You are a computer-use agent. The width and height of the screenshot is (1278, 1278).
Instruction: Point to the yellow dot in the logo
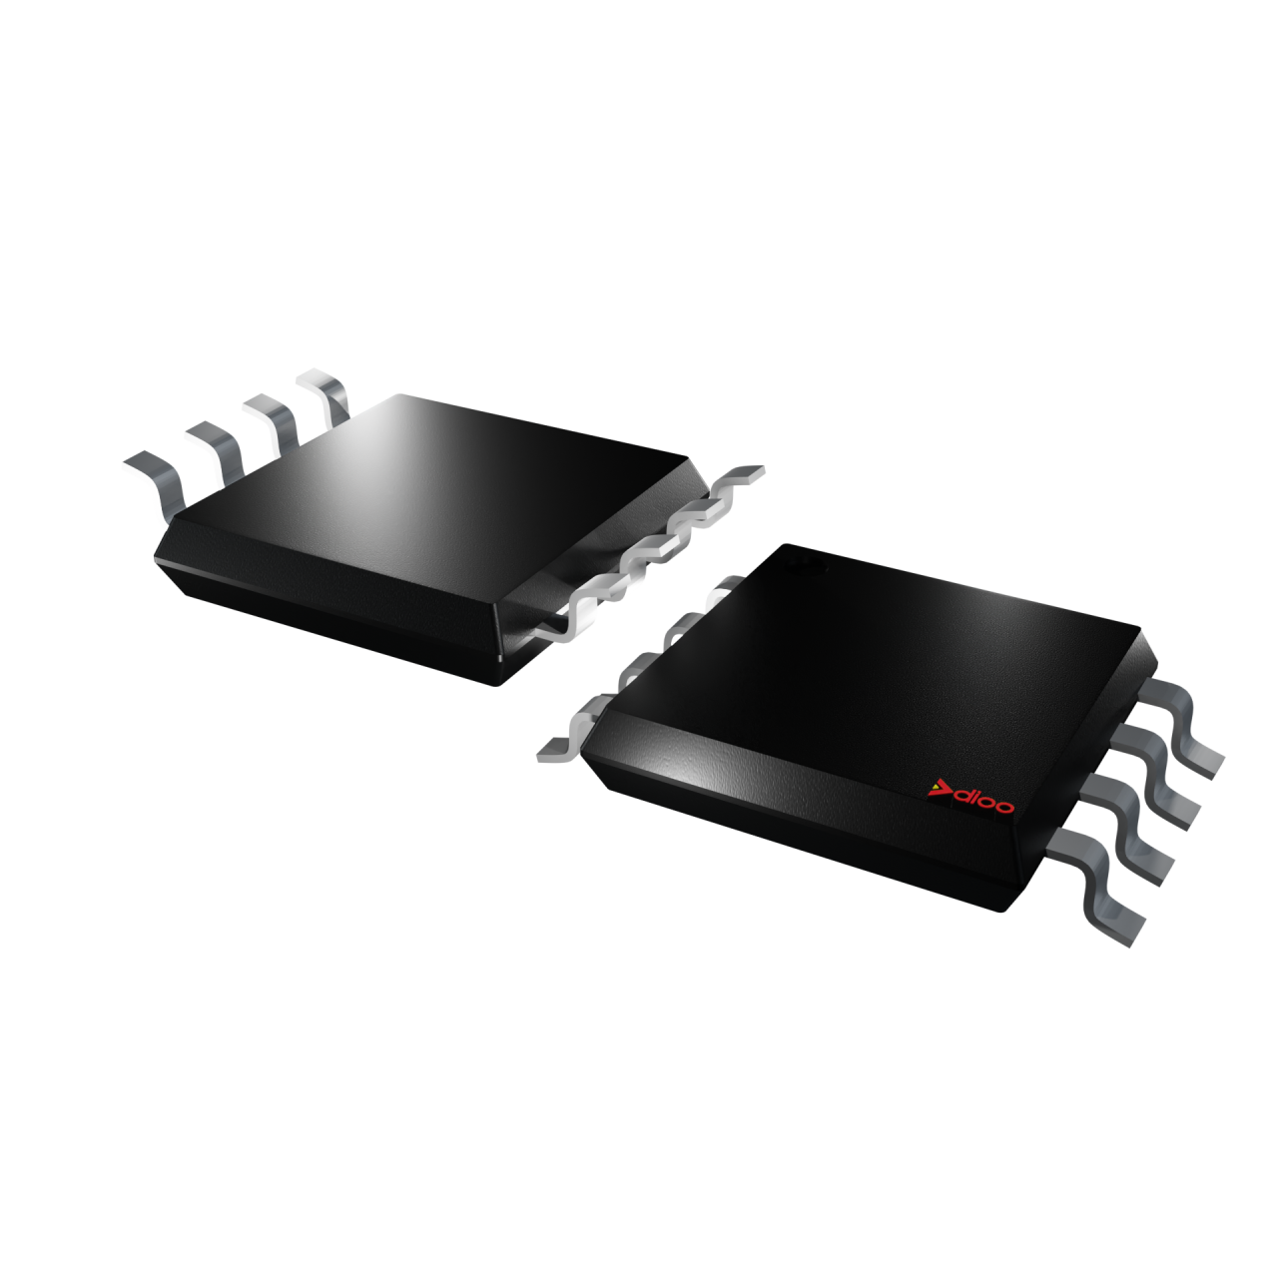pos(936,788)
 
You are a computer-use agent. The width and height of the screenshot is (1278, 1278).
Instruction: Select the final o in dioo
pos(1005,807)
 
